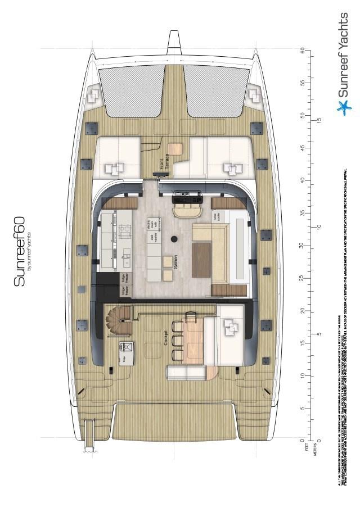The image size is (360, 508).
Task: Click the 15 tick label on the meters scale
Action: point(319,120)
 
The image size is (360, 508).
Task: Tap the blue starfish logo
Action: point(343,106)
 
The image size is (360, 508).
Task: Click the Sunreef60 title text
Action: point(20,251)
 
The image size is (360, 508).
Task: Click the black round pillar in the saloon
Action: point(174,239)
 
